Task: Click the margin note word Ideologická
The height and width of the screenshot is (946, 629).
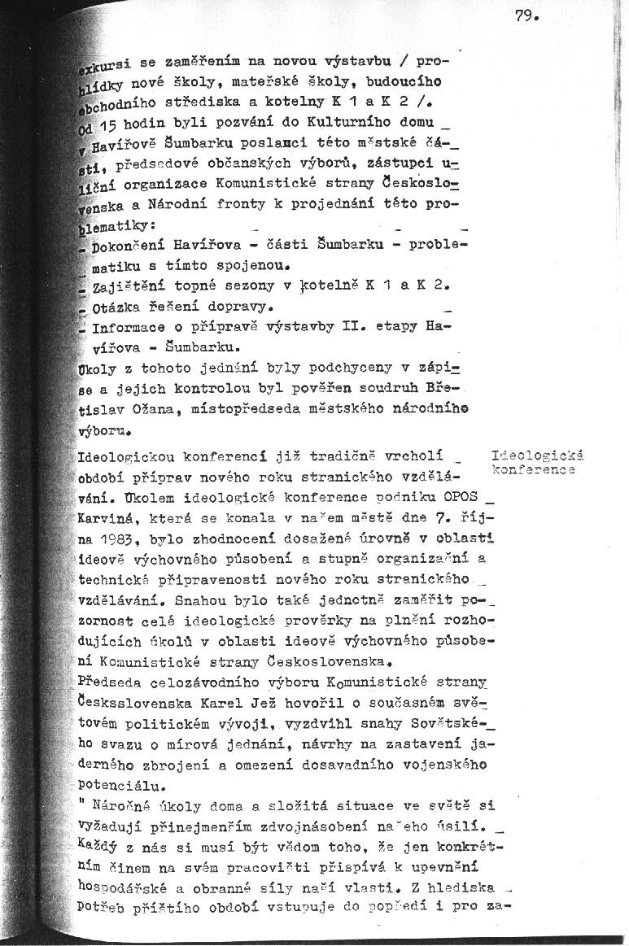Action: tap(538, 456)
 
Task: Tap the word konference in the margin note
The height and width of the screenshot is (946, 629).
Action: tap(534, 469)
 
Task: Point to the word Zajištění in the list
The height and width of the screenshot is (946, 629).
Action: tap(129, 286)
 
